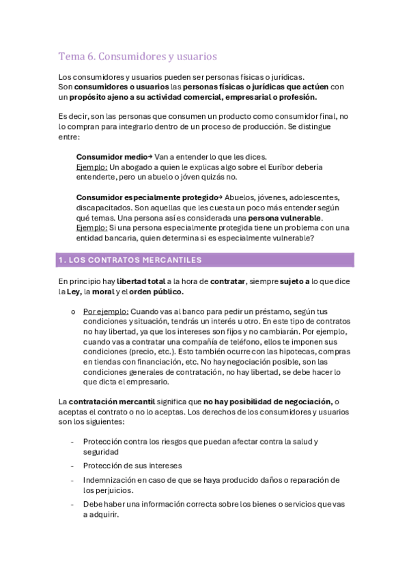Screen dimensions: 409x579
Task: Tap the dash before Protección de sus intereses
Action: pyautogui.click(x=72, y=466)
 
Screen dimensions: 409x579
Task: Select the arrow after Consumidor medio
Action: pyautogui.click(x=149, y=156)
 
